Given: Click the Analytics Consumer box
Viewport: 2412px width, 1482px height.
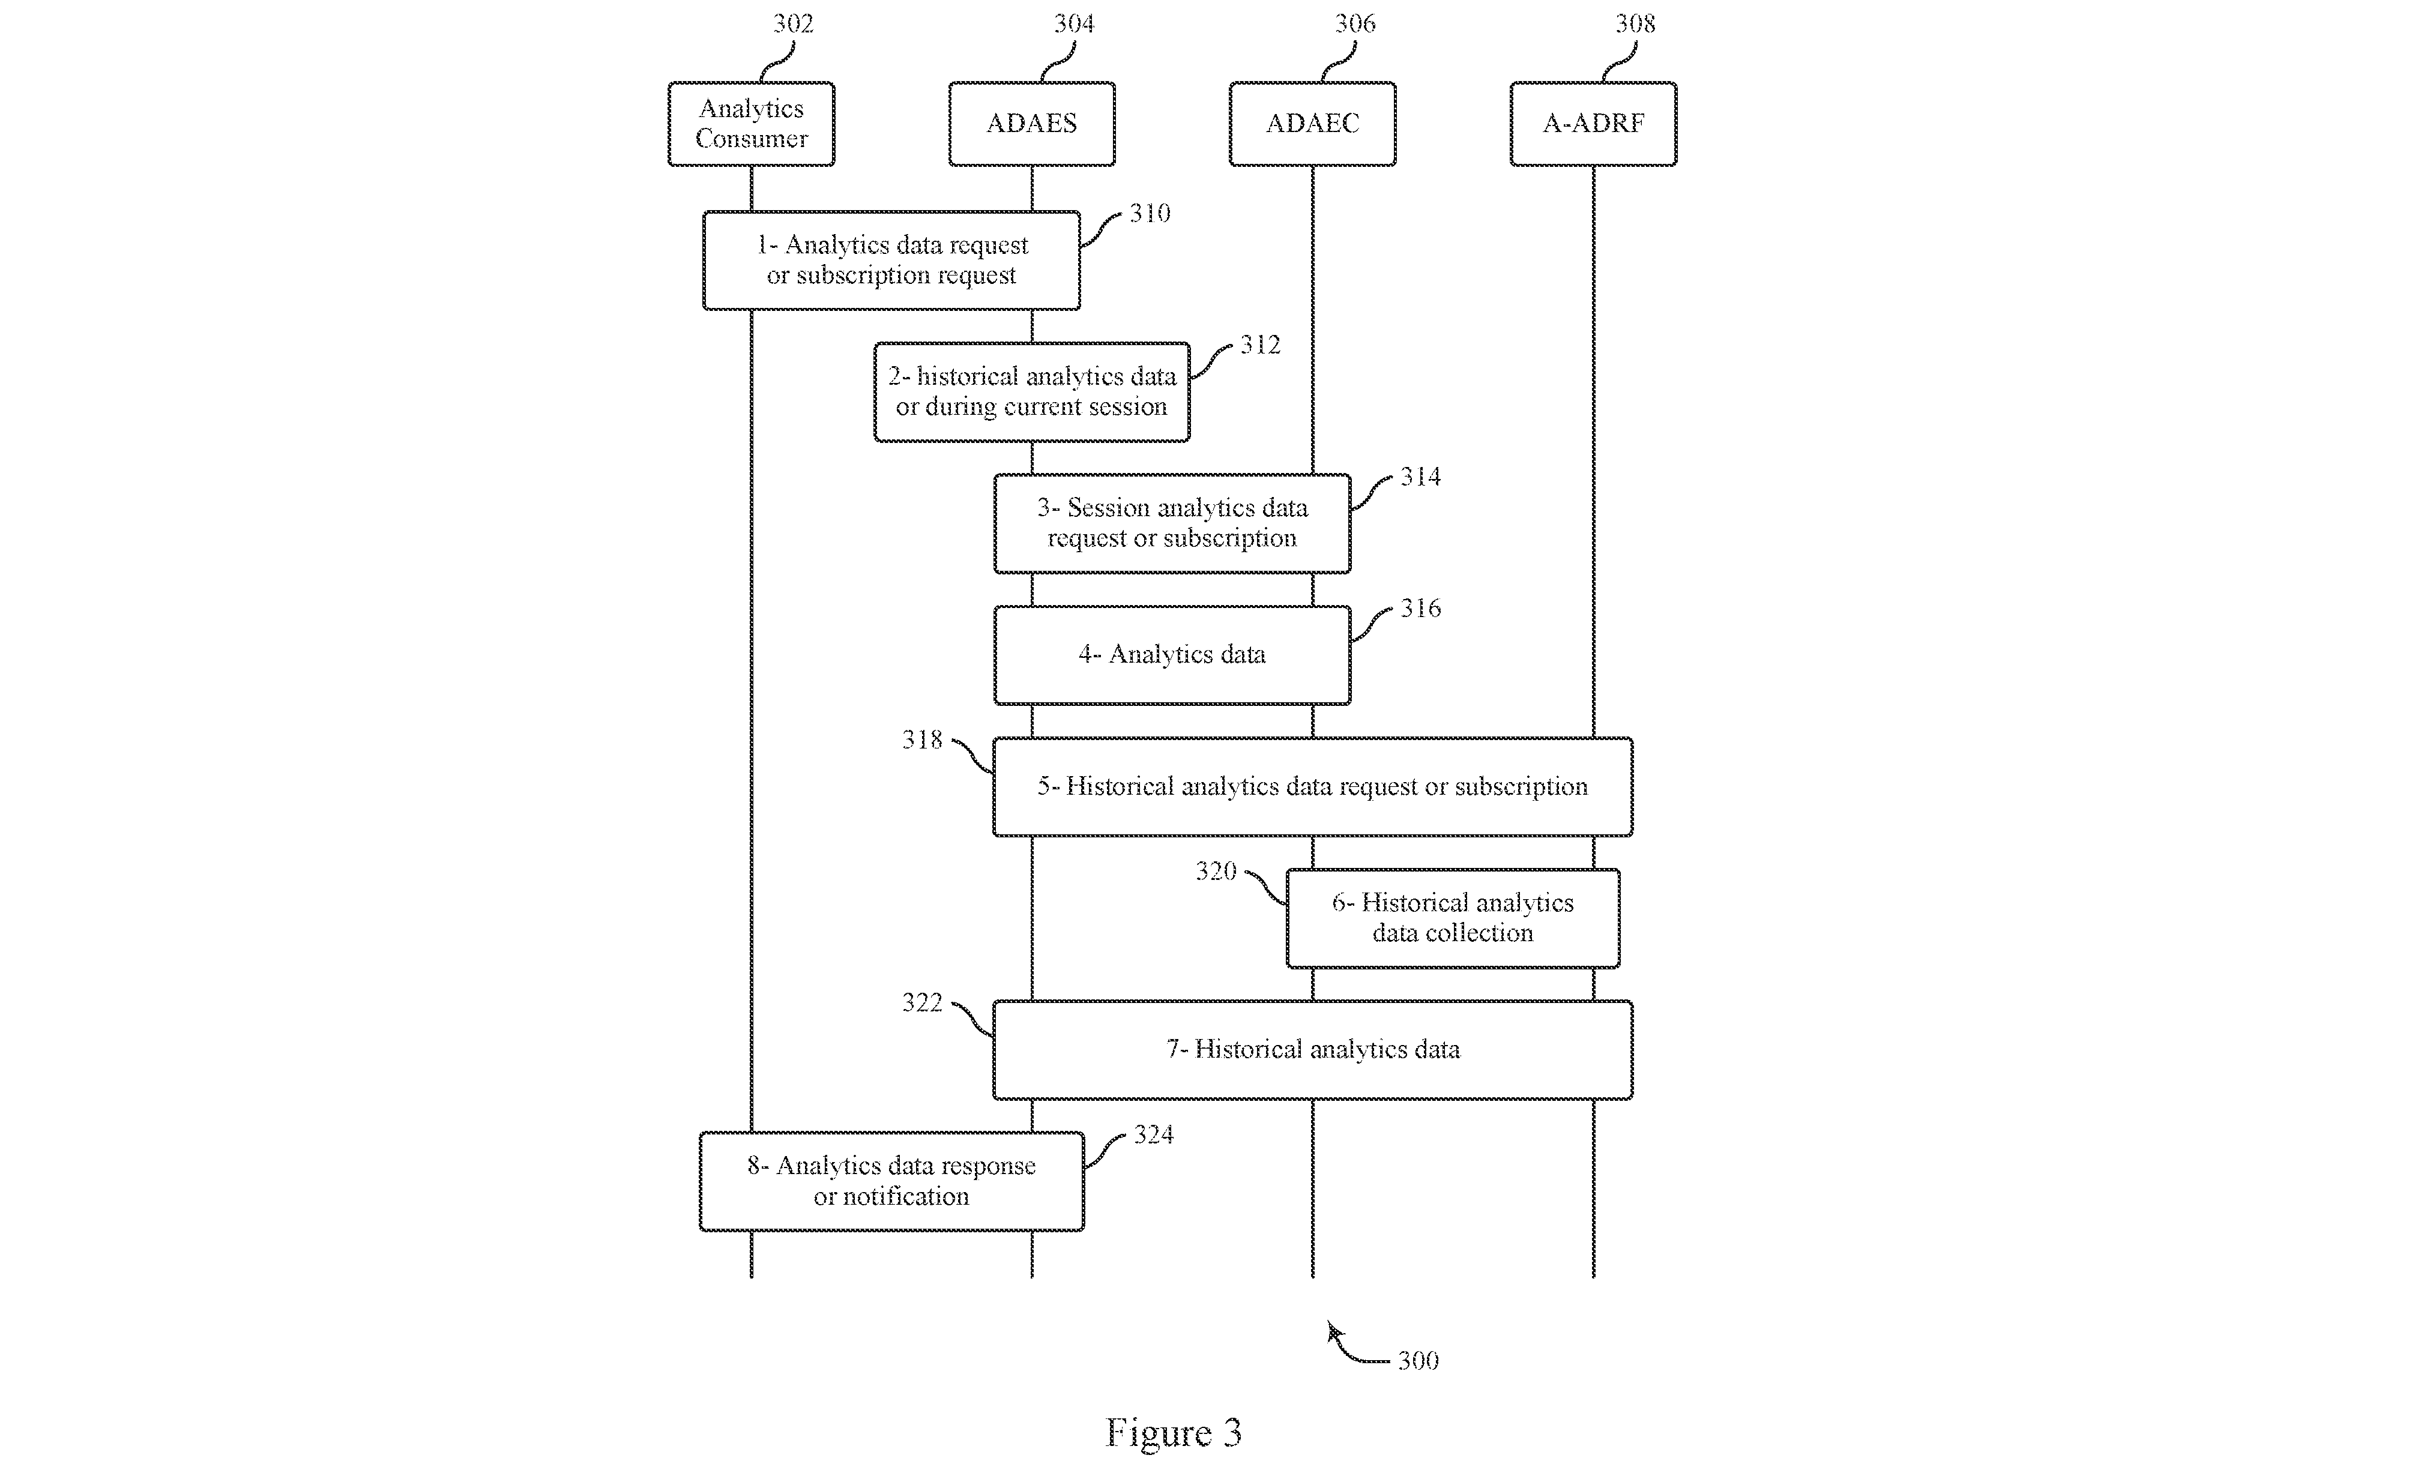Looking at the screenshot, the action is point(751,124).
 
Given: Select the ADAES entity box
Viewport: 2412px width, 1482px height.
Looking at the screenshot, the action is point(1031,124).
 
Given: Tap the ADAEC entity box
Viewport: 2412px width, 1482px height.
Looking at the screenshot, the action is point(1312,124).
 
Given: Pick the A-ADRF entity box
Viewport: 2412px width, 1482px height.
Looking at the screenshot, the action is point(1593,124).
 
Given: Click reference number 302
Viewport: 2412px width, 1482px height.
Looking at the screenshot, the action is point(793,23).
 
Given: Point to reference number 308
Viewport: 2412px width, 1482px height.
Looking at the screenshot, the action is point(1635,23).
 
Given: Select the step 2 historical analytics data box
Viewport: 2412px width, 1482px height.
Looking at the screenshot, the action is point(1032,392).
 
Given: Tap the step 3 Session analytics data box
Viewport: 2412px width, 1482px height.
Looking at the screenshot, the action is point(1172,523).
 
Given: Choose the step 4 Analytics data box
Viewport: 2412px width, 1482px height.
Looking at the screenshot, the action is point(1172,655).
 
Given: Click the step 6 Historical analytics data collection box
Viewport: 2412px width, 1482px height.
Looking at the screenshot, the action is point(1453,918).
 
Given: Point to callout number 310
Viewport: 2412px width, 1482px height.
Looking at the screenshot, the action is point(1150,214).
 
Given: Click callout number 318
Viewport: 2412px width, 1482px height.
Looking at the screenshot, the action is point(922,740).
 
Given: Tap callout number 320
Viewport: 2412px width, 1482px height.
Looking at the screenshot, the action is point(1216,872).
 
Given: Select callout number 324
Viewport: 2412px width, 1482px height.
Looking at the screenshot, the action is point(1154,1135).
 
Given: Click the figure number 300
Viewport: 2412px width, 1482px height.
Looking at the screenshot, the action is point(1418,1361).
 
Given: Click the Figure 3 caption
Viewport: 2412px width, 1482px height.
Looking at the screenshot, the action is point(1173,1433).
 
